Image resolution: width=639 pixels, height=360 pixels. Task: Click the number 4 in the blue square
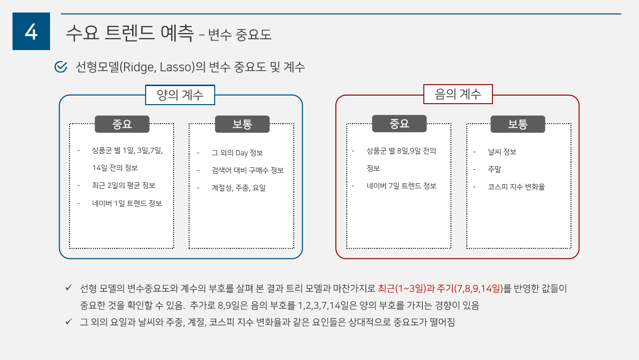tap(31, 32)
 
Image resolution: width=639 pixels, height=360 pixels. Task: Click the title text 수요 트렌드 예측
tap(129, 33)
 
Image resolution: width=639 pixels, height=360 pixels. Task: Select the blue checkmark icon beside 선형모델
tap(61, 67)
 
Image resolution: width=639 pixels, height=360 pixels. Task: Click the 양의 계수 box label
tap(180, 95)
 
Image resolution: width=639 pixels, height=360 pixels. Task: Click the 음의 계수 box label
tap(458, 94)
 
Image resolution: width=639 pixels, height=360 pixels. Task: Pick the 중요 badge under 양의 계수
tap(122, 124)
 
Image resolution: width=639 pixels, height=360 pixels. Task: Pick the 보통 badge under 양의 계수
tap(242, 124)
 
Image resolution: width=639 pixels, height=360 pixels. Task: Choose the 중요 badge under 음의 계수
tap(399, 124)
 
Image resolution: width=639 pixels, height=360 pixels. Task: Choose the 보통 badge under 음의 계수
tap(518, 124)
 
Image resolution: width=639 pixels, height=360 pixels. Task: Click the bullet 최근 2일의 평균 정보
tap(124, 185)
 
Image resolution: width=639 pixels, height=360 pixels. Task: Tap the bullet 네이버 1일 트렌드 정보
tap(127, 203)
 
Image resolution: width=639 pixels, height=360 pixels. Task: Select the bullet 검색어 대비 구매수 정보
tap(247, 170)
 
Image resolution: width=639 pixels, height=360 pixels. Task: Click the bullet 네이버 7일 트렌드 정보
tap(401, 186)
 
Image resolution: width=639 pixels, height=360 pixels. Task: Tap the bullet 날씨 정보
tap(502, 152)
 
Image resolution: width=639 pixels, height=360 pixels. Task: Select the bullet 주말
tap(494, 169)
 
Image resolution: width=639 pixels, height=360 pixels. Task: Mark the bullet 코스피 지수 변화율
tap(516, 187)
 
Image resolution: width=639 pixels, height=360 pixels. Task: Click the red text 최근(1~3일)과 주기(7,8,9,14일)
tap(440, 288)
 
